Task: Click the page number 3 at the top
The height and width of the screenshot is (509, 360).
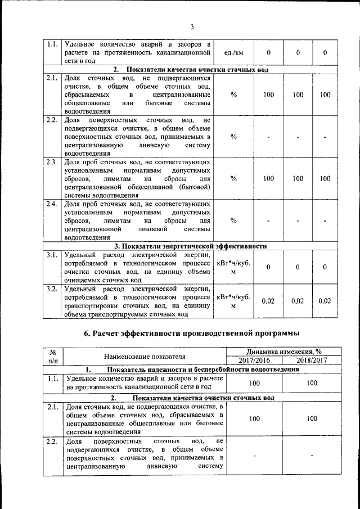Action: point(191,26)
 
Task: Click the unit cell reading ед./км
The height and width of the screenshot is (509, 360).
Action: point(233,52)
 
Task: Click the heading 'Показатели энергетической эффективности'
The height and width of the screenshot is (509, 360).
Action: point(190,246)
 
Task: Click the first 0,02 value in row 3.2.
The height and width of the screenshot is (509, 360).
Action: point(268,301)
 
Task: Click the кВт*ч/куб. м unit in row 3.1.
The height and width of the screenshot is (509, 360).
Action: point(233,267)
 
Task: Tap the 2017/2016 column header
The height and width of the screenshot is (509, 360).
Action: point(254,360)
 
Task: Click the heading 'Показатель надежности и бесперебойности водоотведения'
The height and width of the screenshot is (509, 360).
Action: point(191,370)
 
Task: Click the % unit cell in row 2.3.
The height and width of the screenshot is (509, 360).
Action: point(233,178)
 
